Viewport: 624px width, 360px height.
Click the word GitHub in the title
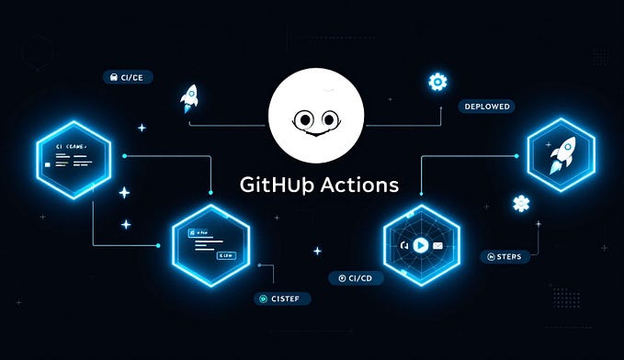[273, 184]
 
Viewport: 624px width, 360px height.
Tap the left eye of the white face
[301, 118]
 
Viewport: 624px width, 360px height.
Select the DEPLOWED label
[485, 107]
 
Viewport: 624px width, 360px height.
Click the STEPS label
[505, 256]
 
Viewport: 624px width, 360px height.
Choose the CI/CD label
[355, 277]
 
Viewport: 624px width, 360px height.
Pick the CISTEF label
[282, 298]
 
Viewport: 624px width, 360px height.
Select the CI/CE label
[128, 76]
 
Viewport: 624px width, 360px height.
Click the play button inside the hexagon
[421, 245]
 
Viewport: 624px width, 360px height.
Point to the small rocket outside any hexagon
[190, 96]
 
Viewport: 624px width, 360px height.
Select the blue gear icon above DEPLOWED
[437, 82]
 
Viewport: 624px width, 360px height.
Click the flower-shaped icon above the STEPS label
[521, 204]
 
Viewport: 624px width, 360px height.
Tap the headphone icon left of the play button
[403, 245]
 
